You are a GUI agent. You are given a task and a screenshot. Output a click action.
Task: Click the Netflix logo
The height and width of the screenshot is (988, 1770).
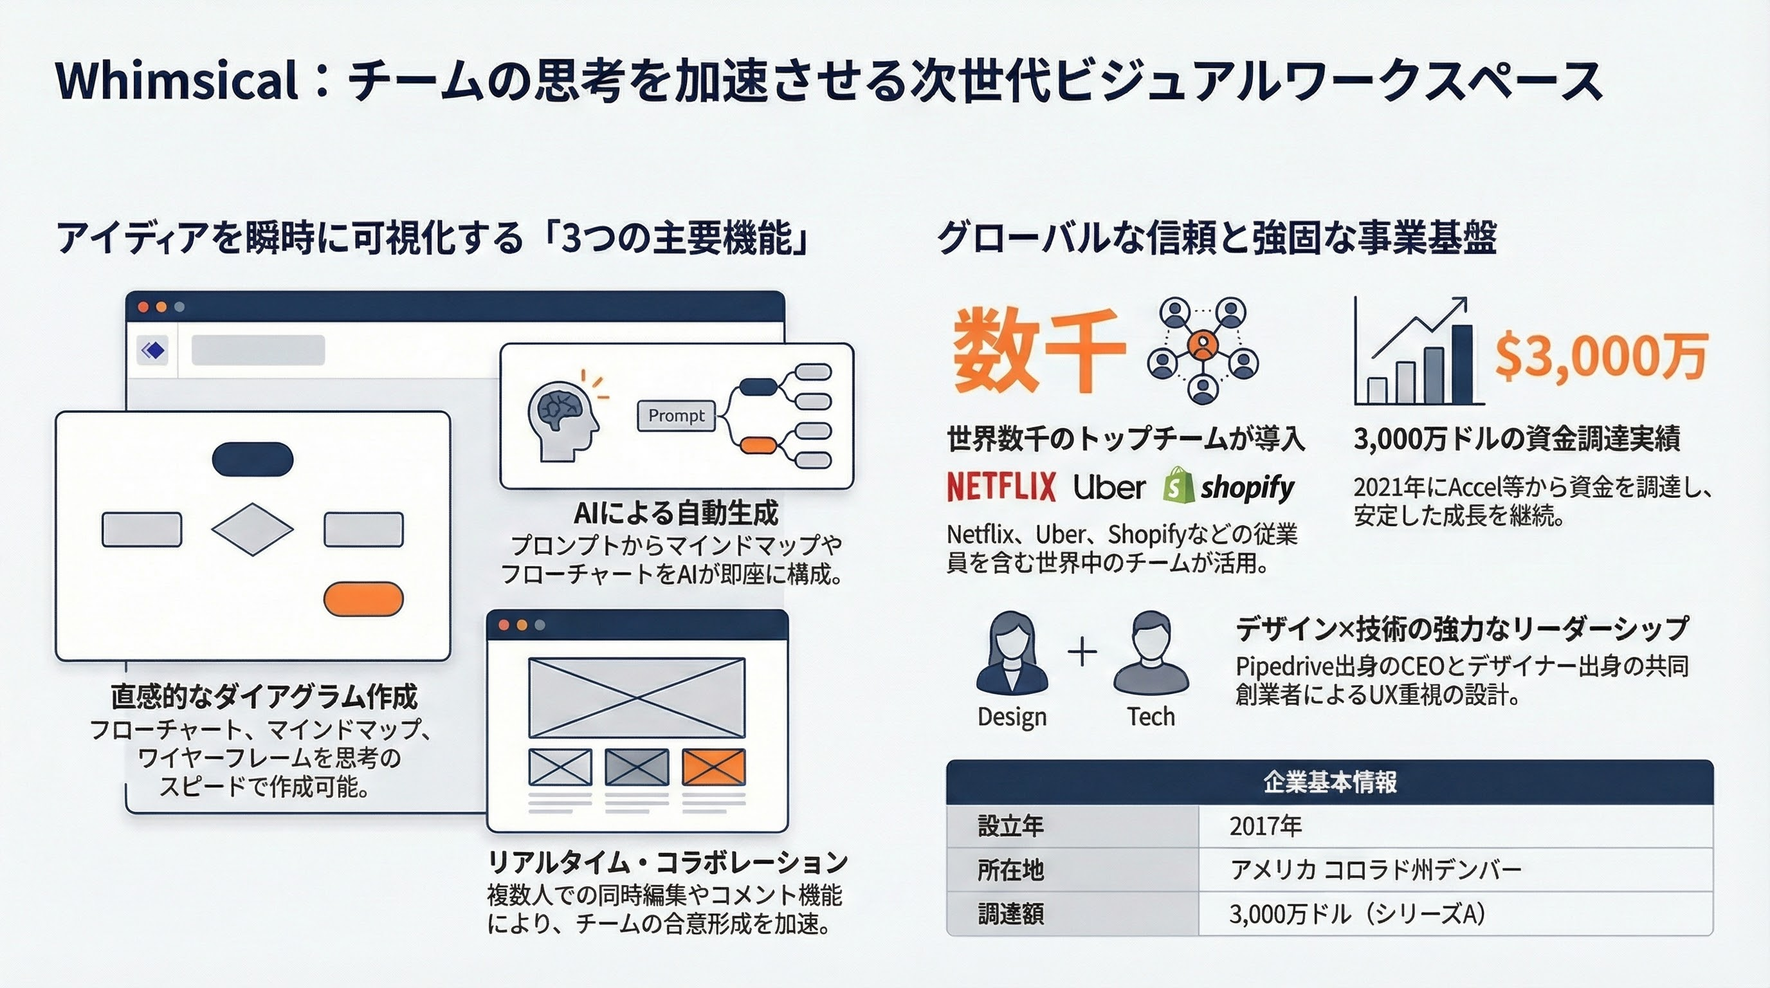coord(1001,487)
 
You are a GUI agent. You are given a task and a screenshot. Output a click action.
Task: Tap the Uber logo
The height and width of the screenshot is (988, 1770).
coord(1109,487)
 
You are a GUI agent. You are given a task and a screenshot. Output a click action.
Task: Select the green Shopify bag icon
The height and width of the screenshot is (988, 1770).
coord(1178,484)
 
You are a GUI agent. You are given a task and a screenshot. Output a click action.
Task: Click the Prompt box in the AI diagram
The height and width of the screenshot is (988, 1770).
coord(676,416)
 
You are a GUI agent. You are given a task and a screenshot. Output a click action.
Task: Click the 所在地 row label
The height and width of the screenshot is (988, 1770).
coord(1010,870)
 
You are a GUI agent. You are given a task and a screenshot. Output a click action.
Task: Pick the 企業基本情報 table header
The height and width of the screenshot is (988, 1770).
coord(1329,782)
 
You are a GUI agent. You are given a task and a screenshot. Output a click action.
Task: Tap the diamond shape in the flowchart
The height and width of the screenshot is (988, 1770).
coord(252,529)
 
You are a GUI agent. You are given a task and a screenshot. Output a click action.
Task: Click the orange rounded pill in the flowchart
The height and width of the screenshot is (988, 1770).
coord(363,598)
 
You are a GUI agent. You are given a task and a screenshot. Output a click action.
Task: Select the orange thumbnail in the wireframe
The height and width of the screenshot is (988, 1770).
coord(713,767)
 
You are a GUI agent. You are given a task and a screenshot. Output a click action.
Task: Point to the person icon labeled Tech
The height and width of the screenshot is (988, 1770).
coord(1151,653)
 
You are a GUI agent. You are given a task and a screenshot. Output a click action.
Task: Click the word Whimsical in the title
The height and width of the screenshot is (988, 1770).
coord(178,81)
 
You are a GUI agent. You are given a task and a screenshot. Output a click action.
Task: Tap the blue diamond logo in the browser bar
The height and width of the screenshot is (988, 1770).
coord(152,351)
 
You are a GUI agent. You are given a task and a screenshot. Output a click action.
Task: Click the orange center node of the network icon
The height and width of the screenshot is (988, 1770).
coord(1203,344)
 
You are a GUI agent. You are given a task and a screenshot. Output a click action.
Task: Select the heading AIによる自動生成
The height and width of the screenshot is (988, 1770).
coord(676,513)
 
